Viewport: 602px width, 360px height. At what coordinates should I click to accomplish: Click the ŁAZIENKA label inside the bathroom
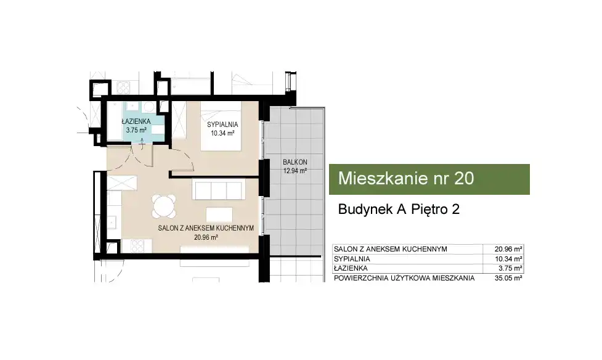[136, 121]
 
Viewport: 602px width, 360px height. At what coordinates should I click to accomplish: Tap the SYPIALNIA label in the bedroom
[222, 125]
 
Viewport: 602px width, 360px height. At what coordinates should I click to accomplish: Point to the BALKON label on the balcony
[295, 162]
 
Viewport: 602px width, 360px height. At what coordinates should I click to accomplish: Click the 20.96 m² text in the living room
[206, 237]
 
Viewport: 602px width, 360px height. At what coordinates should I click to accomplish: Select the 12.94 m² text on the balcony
[295, 171]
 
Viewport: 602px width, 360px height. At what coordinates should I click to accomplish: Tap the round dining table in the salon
[164, 207]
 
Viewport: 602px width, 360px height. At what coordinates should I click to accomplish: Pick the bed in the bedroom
[221, 126]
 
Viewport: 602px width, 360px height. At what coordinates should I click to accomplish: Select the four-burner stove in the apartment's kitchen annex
[137, 246]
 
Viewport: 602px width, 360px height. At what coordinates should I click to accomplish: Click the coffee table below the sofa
[219, 215]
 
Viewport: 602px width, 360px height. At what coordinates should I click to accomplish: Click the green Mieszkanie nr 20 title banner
[429, 179]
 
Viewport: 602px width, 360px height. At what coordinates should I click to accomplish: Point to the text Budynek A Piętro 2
[399, 210]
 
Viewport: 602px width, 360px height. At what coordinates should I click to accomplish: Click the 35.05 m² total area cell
[508, 278]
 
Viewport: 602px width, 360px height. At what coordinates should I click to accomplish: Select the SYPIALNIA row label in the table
[352, 259]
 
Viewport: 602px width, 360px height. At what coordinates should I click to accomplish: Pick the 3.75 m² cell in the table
[512, 269]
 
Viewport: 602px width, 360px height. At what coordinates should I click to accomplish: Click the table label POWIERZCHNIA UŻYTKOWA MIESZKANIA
[404, 278]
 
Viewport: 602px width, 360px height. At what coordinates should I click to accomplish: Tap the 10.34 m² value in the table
[508, 259]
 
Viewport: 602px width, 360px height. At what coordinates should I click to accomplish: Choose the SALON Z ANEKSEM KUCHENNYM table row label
[391, 249]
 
